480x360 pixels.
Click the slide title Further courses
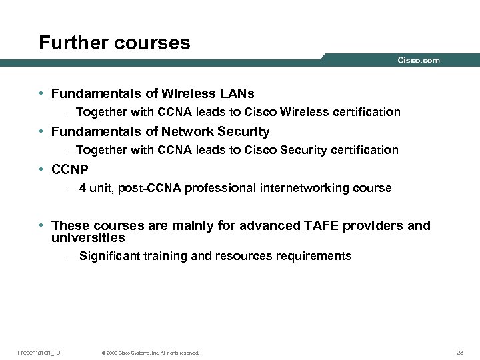pyautogui.click(x=115, y=43)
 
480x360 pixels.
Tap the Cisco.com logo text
pyautogui.click(x=419, y=61)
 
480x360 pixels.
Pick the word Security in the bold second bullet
pyautogui.click(x=245, y=131)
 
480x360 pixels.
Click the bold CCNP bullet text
pyautogui.click(x=70, y=169)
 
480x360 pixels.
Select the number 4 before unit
pyautogui.click(x=82, y=188)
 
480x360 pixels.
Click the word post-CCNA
pyautogui.click(x=148, y=188)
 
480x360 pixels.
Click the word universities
pyautogui.click(x=88, y=237)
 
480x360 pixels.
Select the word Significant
pyautogui.click(x=107, y=256)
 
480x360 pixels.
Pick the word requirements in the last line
pyautogui.click(x=318, y=256)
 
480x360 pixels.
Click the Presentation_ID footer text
pyautogui.click(x=39, y=352)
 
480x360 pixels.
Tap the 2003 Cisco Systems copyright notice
pyautogui.click(x=149, y=353)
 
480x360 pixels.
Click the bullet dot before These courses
pyautogui.click(x=41, y=226)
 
